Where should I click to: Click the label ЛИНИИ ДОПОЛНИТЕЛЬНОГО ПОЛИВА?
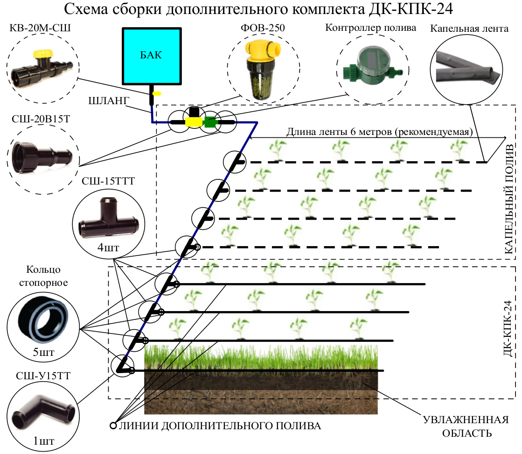(x=219, y=426)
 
